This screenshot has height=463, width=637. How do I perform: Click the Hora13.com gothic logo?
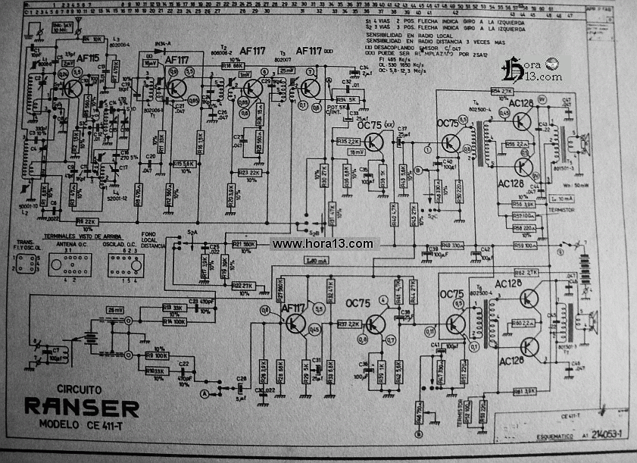(534, 69)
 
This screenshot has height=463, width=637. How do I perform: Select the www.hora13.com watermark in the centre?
(323, 244)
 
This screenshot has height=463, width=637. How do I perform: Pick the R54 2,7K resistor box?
(502, 92)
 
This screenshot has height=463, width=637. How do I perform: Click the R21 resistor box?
(243, 245)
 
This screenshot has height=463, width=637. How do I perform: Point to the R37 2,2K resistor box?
(348, 324)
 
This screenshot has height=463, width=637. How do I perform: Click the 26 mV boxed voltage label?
(116, 309)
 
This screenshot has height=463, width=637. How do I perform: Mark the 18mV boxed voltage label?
(356, 152)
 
